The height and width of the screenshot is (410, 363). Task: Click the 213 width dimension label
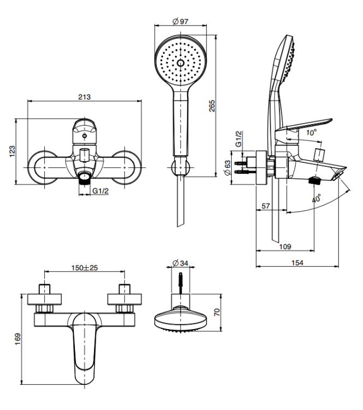[x=85, y=97]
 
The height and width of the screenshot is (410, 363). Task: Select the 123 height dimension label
[x=12, y=151]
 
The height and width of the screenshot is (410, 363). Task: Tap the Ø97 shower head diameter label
[x=181, y=21]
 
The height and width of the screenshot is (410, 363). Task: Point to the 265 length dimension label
[x=212, y=106]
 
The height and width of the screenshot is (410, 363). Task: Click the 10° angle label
[x=312, y=133]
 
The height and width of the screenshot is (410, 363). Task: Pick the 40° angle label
[x=316, y=198]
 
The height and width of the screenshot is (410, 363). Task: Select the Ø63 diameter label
[x=227, y=168]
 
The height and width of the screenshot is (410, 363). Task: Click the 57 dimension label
[x=266, y=206]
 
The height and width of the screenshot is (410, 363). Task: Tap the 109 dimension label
[x=285, y=247]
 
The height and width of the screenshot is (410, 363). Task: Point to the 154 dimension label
[x=297, y=262]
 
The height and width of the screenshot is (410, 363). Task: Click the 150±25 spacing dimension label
[x=85, y=268]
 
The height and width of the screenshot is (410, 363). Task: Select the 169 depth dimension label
[x=18, y=339]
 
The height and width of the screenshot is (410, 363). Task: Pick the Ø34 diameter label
[x=180, y=263]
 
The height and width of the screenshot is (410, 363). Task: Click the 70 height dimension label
[x=217, y=312]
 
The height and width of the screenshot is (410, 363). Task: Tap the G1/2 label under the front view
[x=101, y=191]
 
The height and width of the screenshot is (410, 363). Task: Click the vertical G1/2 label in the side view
[x=238, y=139]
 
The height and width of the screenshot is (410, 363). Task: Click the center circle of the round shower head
[x=180, y=63]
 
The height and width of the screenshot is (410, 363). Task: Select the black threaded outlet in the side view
[x=314, y=181]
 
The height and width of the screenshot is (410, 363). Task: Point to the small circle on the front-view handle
[x=85, y=136]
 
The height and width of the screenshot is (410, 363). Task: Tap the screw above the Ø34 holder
[x=181, y=283]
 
